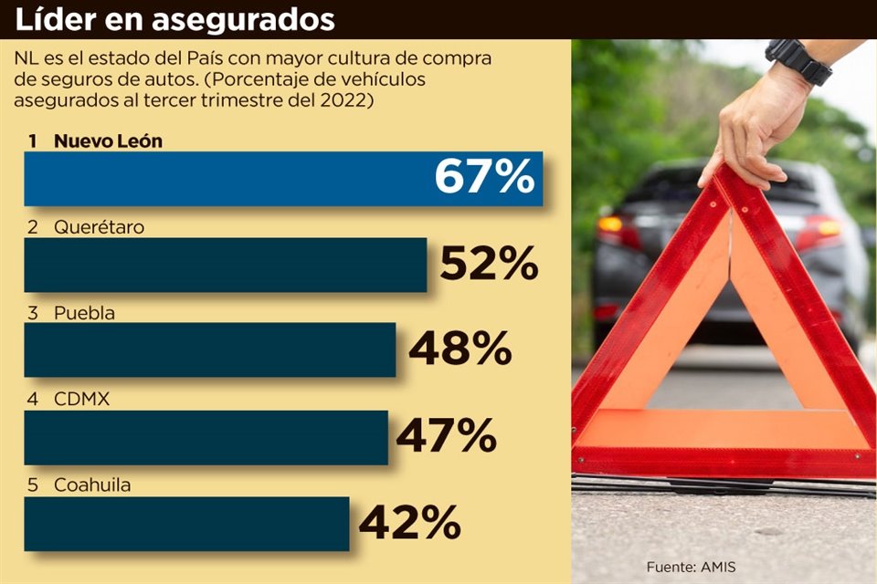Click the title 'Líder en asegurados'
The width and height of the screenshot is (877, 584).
click(174, 19)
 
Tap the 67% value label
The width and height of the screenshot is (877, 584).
click(483, 177)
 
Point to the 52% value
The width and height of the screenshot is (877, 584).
click(489, 265)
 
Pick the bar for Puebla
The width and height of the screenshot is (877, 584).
click(209, 349)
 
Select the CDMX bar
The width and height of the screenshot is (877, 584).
click(206, 437)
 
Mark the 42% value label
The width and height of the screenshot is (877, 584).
click(408, 523)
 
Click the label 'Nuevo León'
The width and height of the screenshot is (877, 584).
click(108, 141)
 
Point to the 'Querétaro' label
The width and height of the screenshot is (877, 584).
click(99, 227)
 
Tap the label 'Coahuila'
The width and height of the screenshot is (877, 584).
click(91, 485)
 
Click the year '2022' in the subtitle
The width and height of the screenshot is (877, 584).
click(346, 101)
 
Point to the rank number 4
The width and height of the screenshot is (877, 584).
click(33, 400)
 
